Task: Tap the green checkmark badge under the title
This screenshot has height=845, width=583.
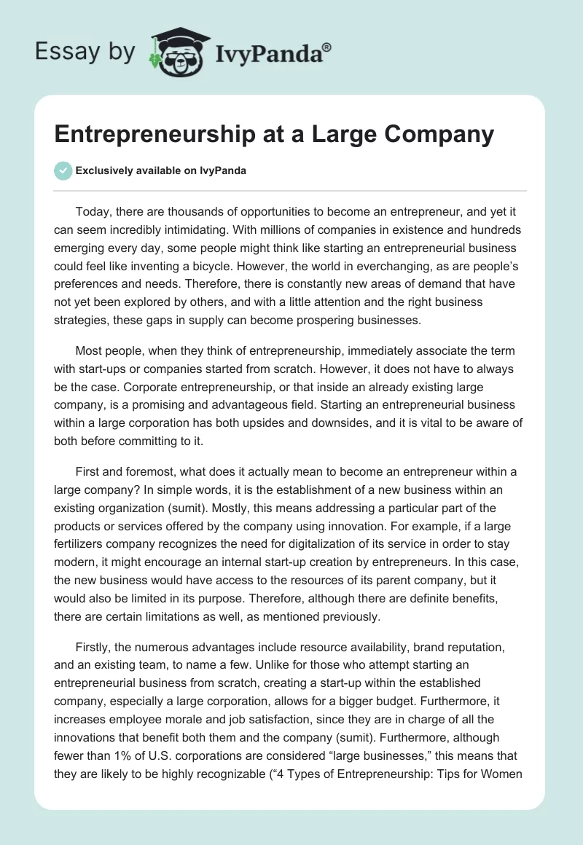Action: point(63,170)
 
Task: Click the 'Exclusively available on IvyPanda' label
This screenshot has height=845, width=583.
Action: point(160,171)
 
